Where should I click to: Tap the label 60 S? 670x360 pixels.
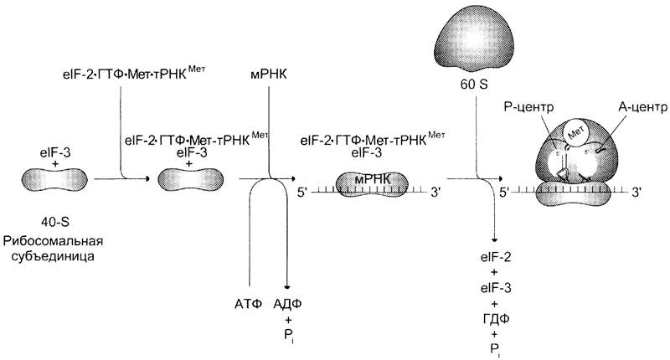474,85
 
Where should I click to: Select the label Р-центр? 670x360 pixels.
529,107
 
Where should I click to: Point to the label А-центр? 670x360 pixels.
643,107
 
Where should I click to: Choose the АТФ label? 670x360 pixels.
248,304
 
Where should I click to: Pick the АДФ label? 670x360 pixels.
287,304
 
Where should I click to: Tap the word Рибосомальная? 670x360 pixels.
54,241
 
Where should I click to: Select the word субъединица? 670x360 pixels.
54,256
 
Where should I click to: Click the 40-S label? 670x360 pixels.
55,222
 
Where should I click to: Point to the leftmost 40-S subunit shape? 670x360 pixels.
54,179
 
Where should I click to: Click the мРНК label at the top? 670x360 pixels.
268,75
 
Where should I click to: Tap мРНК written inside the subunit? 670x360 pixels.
373,179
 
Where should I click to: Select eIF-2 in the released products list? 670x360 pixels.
496,258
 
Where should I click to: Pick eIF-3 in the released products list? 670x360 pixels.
496,288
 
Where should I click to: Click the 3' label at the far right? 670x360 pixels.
636,193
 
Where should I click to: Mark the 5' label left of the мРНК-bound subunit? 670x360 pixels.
302,193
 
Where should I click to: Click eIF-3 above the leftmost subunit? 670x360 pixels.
55,153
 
